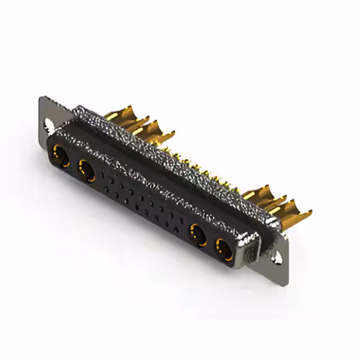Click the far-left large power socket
tap(60, 156)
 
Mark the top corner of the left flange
tap(42, 98)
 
